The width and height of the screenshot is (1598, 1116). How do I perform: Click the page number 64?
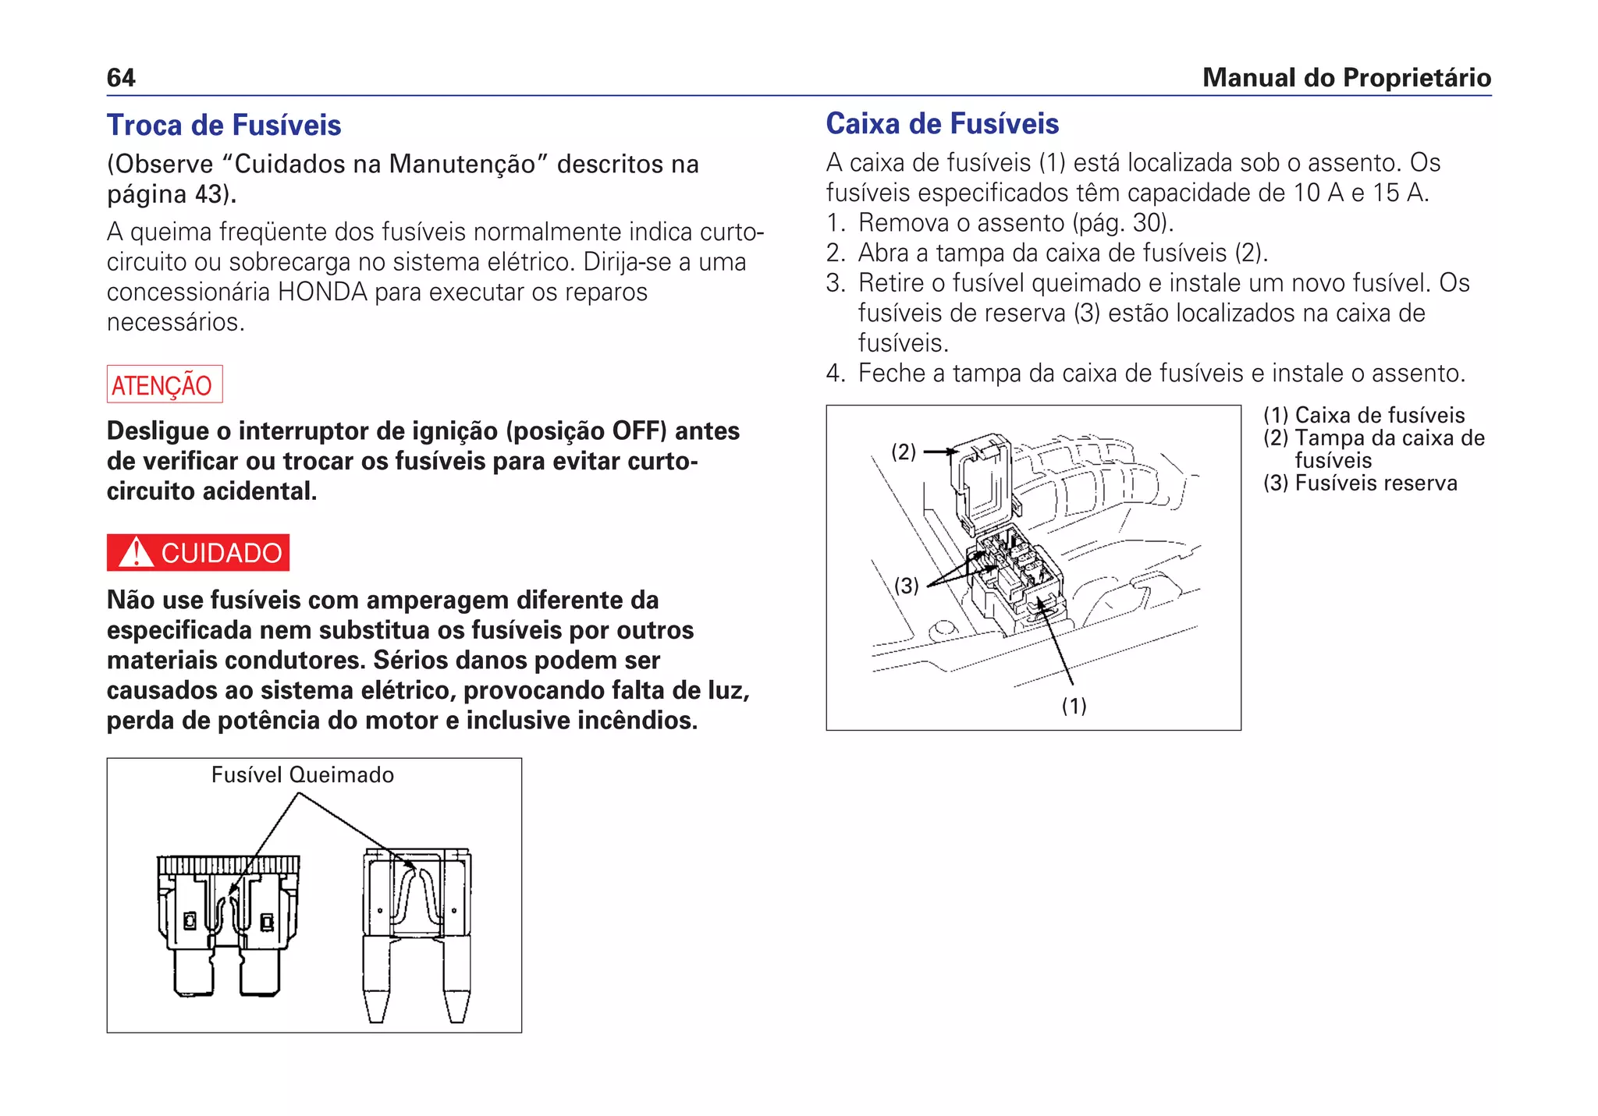pos(121,78)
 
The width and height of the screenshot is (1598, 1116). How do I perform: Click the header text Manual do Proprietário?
pos(1346,78)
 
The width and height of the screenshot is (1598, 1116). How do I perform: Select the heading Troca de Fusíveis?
pos(224,126)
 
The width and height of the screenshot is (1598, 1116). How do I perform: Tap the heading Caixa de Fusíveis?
pos(942,124)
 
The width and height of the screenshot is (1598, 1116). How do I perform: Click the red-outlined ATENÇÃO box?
pos(165,384)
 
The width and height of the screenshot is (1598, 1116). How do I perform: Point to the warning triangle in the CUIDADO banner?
pos(137,553)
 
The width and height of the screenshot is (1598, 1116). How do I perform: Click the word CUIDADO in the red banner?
pos(221,553)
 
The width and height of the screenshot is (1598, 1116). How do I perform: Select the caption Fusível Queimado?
pos(302,775)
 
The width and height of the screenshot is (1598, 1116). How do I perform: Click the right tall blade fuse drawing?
pos(417,932)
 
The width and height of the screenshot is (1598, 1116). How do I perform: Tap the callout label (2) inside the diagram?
pos(904,452)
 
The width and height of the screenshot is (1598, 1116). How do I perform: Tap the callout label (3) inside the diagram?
pos(906,585)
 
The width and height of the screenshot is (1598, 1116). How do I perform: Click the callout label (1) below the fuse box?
pos(1074,706)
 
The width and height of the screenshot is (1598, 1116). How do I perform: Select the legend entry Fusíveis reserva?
pos(1376,484)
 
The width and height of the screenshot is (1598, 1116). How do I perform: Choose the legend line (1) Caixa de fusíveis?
pos(1363,416)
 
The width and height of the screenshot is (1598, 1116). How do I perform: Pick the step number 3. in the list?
pos(836,283)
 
